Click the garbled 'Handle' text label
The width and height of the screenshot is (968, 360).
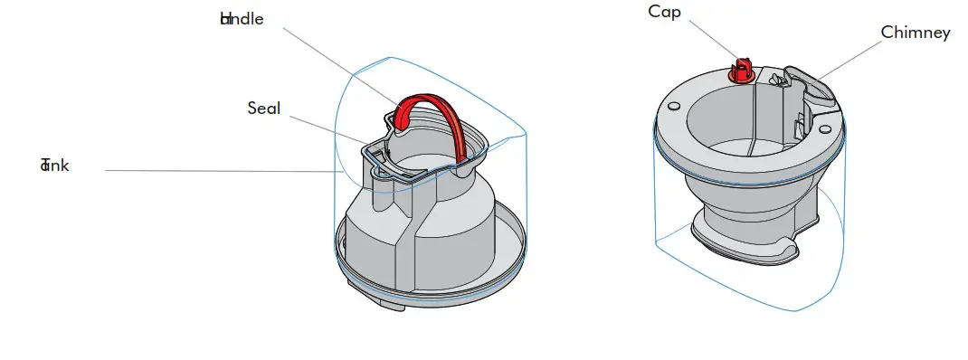pyautogui.click(x=242, y=19)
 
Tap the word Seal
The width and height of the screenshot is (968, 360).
pyautogui.click(x=263, y=109)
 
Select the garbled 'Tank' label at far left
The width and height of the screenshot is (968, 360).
pyautogui.click(x=54, y=165)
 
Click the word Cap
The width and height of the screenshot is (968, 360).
pyautogui.click(x=664, y=12)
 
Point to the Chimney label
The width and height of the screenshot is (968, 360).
pyautogui.click(x=915, y=33)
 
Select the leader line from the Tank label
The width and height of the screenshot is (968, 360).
pyautogui.click(x=217, y=170)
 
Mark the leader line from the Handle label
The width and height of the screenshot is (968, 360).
pyautogui.click(x=335, y=60)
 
